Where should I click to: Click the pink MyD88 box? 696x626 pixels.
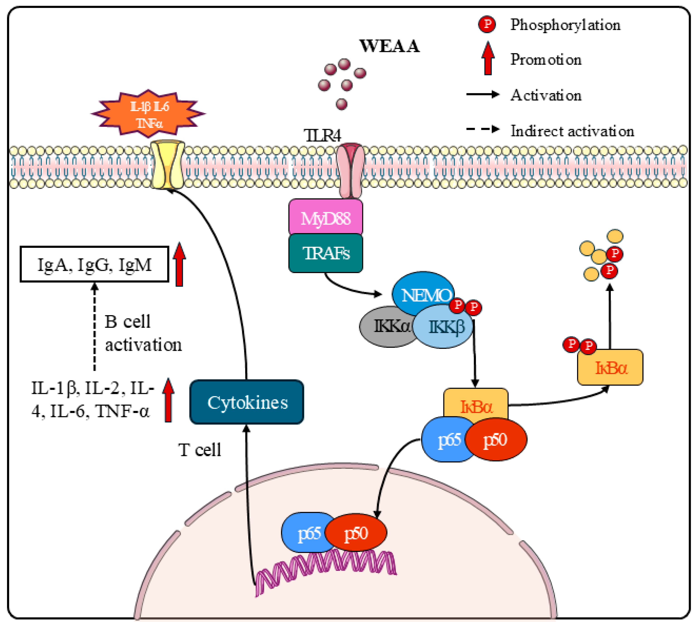point(325,217)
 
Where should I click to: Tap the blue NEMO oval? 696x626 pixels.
point(423,293)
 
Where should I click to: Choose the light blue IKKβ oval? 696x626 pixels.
point(442,326)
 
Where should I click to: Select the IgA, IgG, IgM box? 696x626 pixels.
point(94,264)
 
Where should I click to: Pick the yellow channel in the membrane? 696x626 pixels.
point(168,164)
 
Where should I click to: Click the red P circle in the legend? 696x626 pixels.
point(487,24)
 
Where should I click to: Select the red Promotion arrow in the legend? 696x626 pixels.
point(488,58)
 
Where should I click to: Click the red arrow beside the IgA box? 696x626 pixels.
point(179,264)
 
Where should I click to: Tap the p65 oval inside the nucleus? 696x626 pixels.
point(305,532)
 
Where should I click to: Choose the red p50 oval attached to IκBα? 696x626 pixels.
point(496,439)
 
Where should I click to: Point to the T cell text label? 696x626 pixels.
point(200,450)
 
